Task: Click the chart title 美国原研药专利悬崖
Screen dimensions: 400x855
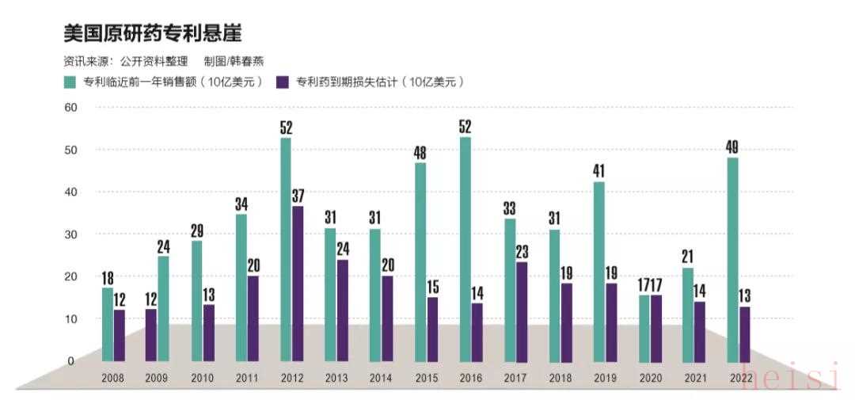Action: click(x=153, y=32)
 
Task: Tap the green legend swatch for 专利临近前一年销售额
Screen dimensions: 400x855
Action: click(x=70, y=82)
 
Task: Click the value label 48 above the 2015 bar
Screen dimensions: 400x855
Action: click(x=420, y=152)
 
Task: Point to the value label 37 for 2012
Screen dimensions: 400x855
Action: click(x=298, y=196)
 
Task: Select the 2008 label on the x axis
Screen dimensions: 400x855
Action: click(x=112, y=379)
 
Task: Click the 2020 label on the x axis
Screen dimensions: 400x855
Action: click(x=649, y=379)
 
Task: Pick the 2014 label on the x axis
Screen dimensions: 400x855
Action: click(x=380, y=379)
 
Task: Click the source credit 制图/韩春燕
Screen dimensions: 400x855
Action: click(x=235, y=60)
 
